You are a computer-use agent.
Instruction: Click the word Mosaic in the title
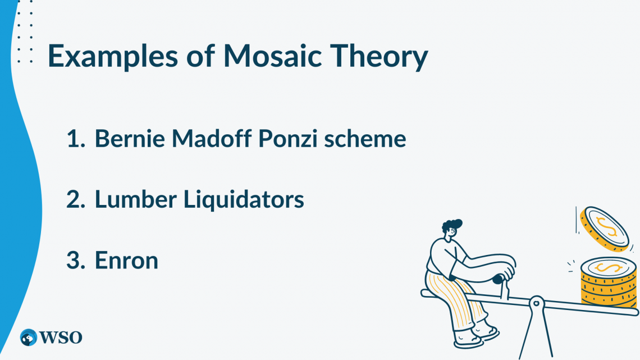click(x=273, y=56)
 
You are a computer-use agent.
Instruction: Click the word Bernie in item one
click(x=130, y=138)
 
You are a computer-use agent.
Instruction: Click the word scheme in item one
click(x=365, y=138)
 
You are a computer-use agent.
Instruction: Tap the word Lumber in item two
click(x=136, y=199)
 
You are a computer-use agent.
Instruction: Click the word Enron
click(x=126, y=261)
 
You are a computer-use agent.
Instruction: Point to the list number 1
click(x=76, y=139)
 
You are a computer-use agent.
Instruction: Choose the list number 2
click(x=76, y=200)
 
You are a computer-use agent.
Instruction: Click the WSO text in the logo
click(x=61, y=338)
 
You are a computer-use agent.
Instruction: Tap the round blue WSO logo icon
click(x=29, y=338)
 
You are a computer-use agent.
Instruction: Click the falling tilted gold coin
click(x=605, y=229)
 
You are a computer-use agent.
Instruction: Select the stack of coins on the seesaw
click(x=608, y=281)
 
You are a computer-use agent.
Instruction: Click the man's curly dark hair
click(x=452, y=225)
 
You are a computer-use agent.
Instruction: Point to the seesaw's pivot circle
click(x=536, y=303)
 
